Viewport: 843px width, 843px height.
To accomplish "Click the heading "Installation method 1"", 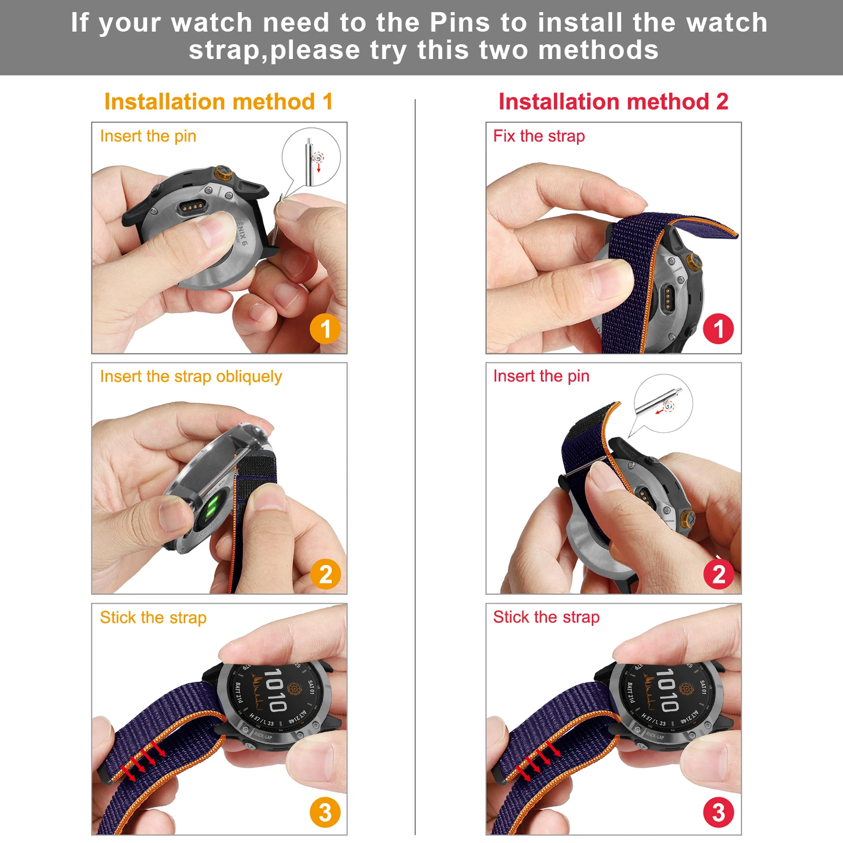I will click(218, 102).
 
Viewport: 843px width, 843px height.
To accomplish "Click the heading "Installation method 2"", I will click(613, 102).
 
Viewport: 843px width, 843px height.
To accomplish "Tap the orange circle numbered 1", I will click(325, 329).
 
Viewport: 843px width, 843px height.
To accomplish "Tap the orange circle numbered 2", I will click(325, 574).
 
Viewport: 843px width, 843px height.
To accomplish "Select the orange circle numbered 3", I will click(325, 812).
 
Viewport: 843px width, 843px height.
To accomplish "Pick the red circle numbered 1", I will click(718, 329).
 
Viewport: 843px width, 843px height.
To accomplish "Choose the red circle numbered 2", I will click(719, 574).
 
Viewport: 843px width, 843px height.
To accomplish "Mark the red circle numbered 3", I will click(719, 812).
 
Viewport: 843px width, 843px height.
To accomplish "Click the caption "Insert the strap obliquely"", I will click(191, 377).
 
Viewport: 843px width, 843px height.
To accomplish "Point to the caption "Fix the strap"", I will click(538, 136).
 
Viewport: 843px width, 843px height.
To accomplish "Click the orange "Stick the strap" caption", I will click(153, 617).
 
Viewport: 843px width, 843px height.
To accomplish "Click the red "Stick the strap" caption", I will click(546, 617).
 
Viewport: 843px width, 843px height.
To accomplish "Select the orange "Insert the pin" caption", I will click(148, 136).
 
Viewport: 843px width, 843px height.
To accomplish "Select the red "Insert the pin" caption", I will click(541, 376).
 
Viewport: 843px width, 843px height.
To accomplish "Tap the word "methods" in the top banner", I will click(598, 51).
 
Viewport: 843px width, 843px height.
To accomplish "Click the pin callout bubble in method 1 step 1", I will click(311, 157).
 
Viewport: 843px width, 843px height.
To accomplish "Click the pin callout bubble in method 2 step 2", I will click(663, 403).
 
